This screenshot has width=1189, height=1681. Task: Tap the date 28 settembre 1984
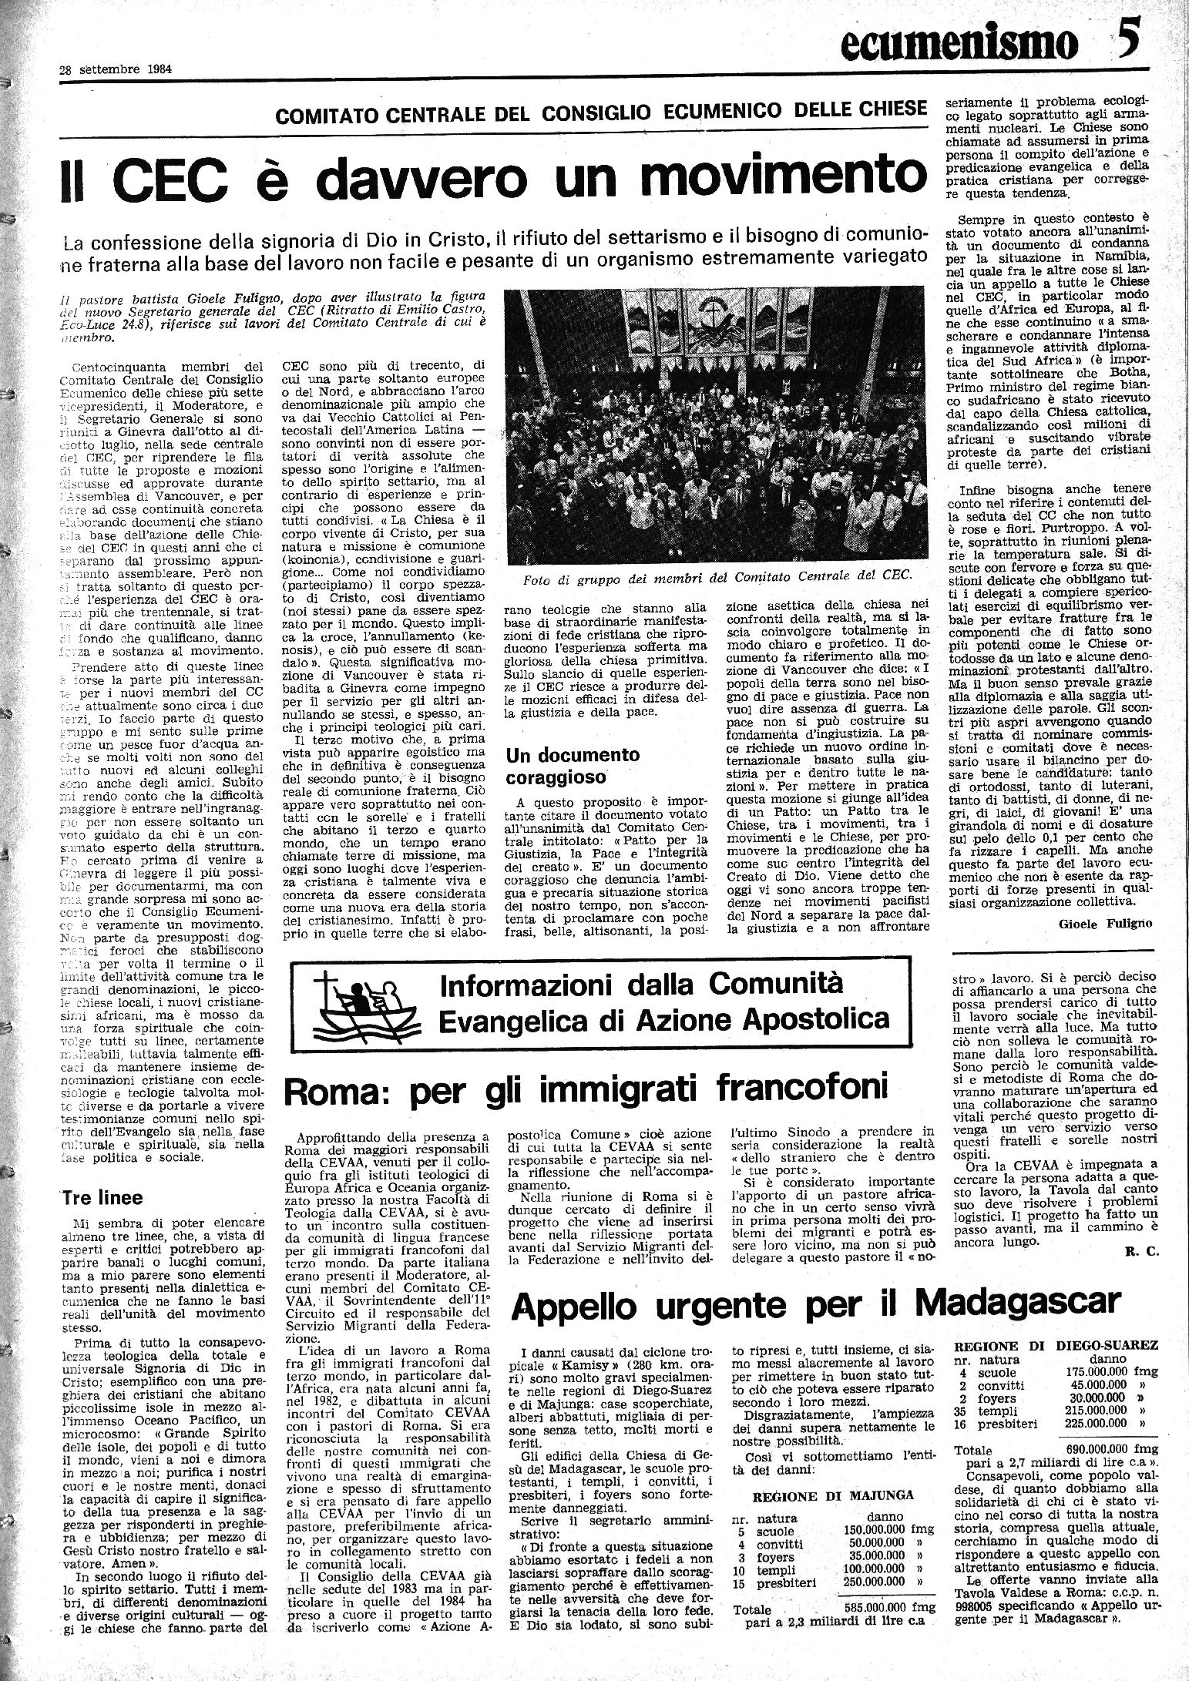point(116,68)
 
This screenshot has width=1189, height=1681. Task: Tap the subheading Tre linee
point(101,1198)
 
